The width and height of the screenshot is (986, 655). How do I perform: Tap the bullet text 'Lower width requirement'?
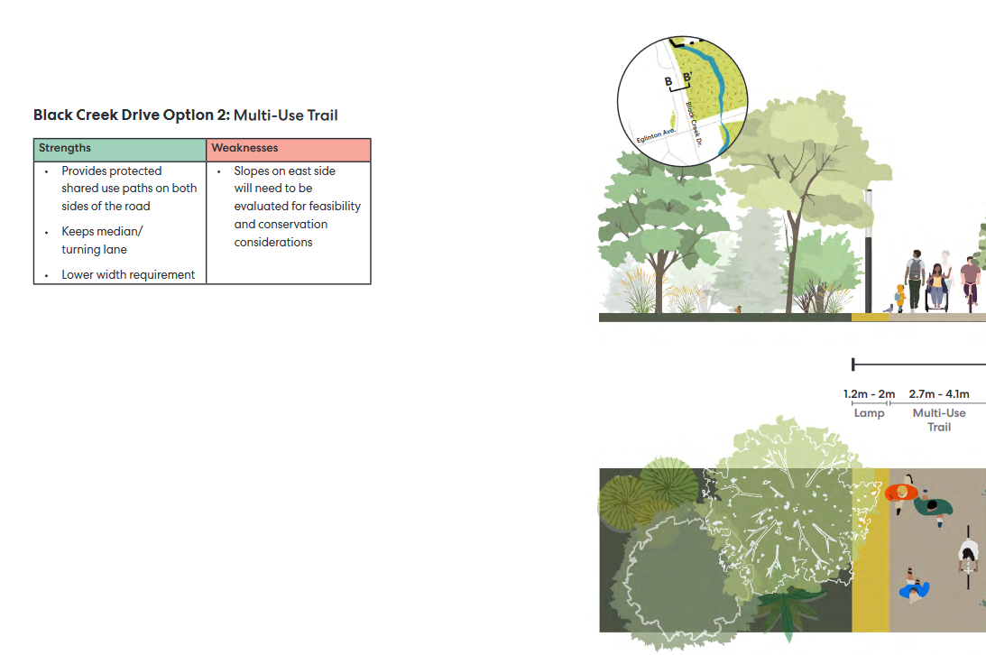click(x=128, y=274)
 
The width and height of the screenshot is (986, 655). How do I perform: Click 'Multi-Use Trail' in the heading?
click(x=285, y=115)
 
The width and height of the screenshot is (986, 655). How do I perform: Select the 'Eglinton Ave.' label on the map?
click(x=656, y=135)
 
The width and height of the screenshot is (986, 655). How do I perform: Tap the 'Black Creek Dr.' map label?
click(x=694, y=124)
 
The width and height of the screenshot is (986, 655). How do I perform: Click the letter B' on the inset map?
click(x=687, y=78)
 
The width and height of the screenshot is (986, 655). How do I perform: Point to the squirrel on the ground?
click(x=738, y=309)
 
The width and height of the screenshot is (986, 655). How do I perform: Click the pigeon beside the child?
click(x=889, y=309)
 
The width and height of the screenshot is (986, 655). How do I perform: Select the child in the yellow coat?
click(x=900, y=298)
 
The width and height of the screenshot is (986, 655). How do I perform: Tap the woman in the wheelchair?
click(x=937, y=287)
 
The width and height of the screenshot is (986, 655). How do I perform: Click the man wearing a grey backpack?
click(x=915, y=279)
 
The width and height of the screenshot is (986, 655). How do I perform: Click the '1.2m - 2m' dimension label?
click(x=869, y=394)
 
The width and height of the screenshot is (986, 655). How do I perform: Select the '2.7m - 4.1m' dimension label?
click(x=939, y=394)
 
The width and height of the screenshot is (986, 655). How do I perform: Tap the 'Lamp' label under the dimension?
click(x=869, y=413)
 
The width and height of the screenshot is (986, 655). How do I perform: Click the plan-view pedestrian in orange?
click(x=901, y=494)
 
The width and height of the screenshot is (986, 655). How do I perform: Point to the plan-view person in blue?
click(x=914, y=586)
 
